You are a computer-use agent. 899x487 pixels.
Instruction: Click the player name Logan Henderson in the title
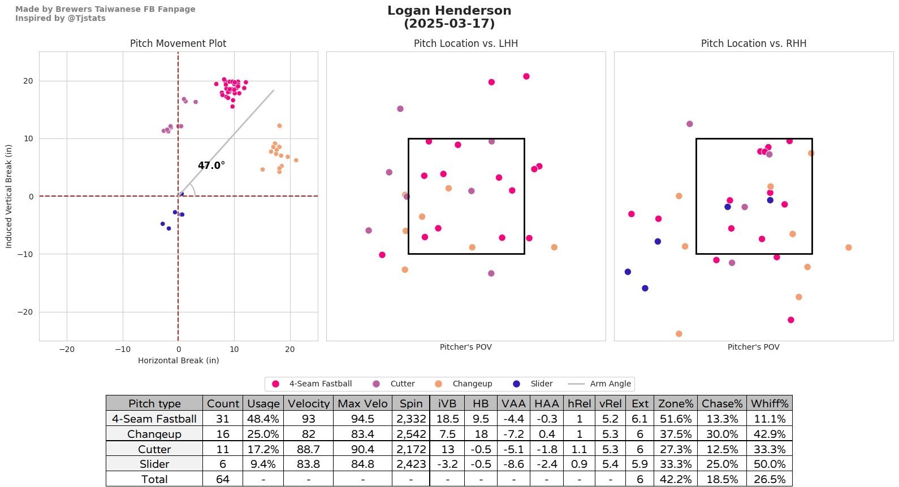point(449,11)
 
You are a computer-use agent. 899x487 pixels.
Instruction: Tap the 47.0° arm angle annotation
point(211,166)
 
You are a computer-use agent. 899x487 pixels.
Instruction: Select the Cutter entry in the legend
point(402,384)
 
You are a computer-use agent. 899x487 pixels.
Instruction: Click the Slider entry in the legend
point(541,384)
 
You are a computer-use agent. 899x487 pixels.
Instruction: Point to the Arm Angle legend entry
point(610,384)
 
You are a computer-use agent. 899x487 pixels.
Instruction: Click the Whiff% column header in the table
point(769,403)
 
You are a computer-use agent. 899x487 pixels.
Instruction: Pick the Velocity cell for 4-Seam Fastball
point(308,419)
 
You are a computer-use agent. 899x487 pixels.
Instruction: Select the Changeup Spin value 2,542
point(410,434)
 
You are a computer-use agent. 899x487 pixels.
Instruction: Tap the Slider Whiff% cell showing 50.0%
point(769,464)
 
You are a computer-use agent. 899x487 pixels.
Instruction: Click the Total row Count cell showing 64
point(223,479)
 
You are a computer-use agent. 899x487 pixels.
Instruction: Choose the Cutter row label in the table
point(154,449)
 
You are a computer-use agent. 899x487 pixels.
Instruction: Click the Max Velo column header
point(362,403)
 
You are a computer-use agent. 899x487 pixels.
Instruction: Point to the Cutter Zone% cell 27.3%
point(676,449)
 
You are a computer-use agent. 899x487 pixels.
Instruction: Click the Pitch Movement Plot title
point(178,44)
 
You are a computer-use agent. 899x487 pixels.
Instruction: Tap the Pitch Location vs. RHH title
point(753,44)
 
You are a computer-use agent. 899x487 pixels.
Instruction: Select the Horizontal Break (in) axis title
point(178,360)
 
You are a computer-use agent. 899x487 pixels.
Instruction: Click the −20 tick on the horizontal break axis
point(67,349)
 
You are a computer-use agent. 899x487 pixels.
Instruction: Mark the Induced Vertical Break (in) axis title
point(8,196)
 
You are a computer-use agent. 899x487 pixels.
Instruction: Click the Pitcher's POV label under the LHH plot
point(465,347)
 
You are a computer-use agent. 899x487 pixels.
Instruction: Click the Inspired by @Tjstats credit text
point(60,18)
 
